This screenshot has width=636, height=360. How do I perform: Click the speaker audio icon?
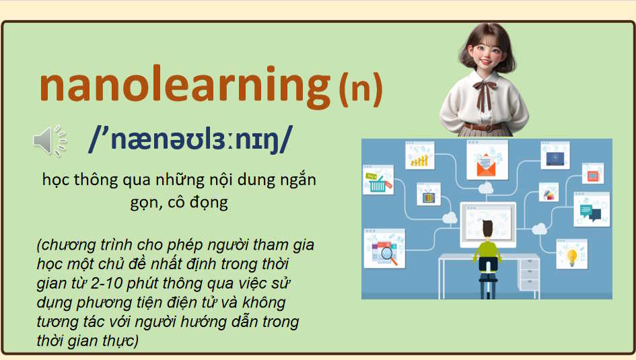pos(48,140)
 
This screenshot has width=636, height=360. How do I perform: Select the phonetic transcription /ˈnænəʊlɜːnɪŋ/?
pos(190,140)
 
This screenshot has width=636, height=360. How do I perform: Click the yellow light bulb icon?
pos(571,256)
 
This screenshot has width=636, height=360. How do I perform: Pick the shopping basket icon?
pos(378,184)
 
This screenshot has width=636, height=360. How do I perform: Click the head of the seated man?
pos(487,227)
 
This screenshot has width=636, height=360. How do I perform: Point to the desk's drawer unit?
pos(528,275)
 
